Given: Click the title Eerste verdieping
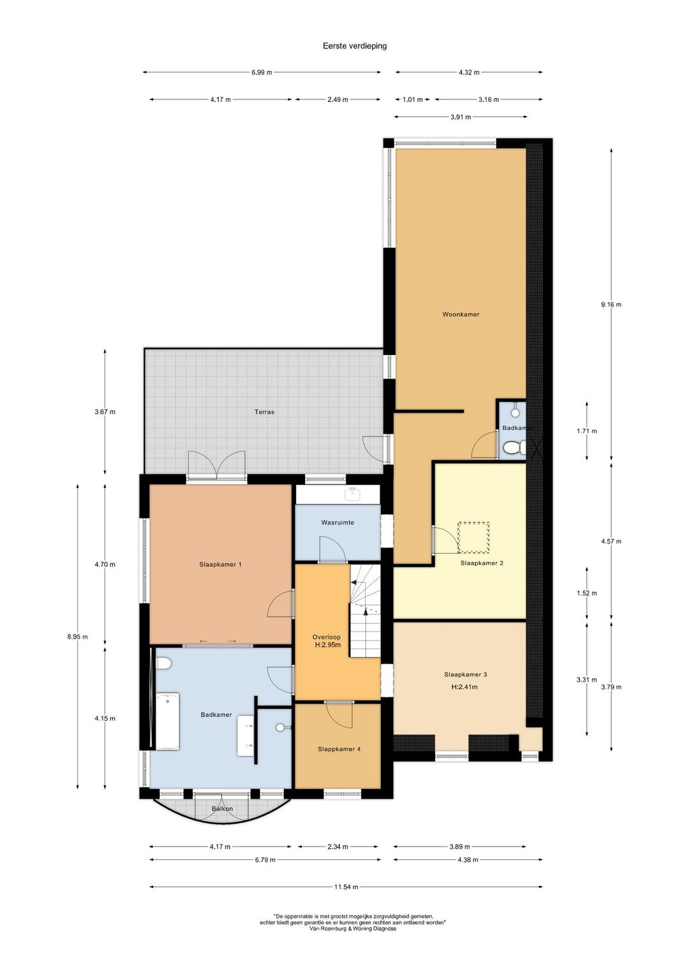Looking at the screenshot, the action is click(x=354, y=46).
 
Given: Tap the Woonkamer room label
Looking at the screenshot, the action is click(x=461, y=314).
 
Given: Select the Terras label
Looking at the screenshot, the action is click(x=264, y=411).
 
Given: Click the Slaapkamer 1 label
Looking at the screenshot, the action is click(x=220, y=564).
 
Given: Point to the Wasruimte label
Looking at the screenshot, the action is click(x=337, y=522).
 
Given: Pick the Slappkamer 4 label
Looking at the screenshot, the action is click(x=339, y=749).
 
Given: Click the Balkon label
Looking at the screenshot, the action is click(x=223, y=808).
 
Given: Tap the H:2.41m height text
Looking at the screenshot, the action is click(x=464, y=687).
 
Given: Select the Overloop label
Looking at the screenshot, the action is click(x=327, y=637).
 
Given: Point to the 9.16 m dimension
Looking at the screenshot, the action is click(x=611, y=305).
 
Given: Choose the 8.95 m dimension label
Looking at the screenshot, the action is click(x=77, y=637).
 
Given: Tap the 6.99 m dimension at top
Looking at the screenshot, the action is click(x=262, y=72).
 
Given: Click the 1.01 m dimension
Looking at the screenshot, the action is click(x=413, y=99).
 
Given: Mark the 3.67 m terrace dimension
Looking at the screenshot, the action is click(x=105, y=411).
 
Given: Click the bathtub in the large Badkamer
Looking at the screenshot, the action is click(x=168, y=722).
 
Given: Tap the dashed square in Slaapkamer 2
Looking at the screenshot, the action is click(x=473, y=537).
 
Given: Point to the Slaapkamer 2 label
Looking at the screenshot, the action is click(x=482, y=563).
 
